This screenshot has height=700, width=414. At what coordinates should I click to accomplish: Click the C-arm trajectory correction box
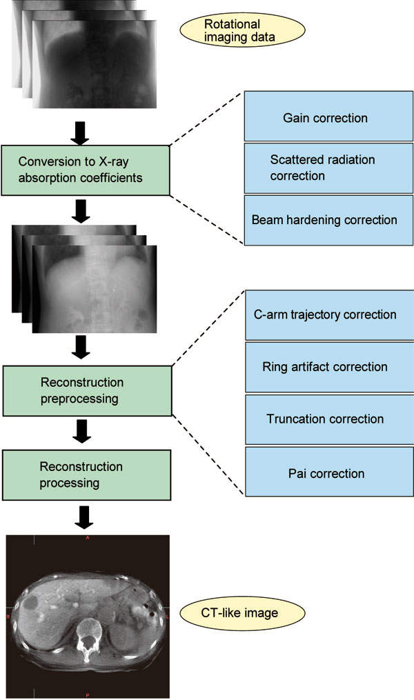(328, 314)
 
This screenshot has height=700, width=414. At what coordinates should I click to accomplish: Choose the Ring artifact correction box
(328, 367)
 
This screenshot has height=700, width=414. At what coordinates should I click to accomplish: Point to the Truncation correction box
(328, 419)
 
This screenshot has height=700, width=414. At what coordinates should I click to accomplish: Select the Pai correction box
(328, 472)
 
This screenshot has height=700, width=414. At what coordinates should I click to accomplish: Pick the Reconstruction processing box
(86, 475)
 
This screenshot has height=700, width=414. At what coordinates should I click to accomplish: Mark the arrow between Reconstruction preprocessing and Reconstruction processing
(81, 433)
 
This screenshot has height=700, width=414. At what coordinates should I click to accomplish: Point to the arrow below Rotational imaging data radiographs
(81, 131)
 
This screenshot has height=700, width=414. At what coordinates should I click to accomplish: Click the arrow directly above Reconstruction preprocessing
(81, 347)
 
